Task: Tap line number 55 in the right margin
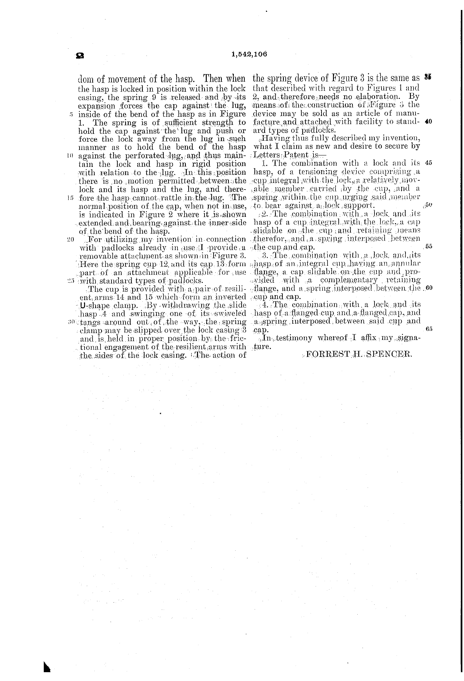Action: [428, 246]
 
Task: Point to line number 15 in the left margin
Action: [70, 198]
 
